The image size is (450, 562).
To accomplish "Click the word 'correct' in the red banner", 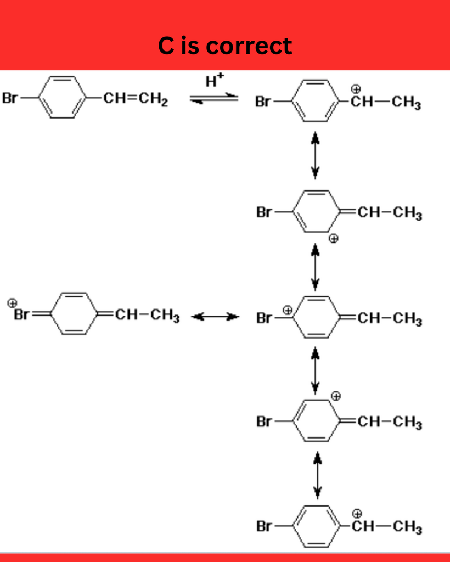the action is (249, 46).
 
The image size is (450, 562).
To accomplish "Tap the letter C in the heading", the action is (166, 46).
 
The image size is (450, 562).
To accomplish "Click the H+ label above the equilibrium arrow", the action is (215, 80).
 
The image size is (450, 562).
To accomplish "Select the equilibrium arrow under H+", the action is (214, 98).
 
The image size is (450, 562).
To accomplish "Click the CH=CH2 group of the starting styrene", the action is (136, 98).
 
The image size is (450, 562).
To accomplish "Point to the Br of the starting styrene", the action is (10, 98).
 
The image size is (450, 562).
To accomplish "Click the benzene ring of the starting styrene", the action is (63, 97).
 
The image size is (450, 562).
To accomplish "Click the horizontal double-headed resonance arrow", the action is (215, 317).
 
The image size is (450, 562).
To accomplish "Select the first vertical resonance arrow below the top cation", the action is (315, 155).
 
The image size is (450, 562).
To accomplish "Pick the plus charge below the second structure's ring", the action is (334, 238).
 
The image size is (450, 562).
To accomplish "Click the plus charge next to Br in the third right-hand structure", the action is (288, 310).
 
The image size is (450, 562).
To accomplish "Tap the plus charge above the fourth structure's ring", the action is (336, 396).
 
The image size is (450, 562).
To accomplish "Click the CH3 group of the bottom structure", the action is (407, 527).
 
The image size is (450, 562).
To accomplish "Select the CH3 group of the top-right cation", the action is (406, 103).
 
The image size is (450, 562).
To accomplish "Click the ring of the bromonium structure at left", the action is (74, 313).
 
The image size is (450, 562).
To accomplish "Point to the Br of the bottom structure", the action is (264, 526).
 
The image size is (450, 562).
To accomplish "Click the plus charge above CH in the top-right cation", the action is (356, 89).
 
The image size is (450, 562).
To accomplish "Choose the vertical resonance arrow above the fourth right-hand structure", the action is (315, 370).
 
